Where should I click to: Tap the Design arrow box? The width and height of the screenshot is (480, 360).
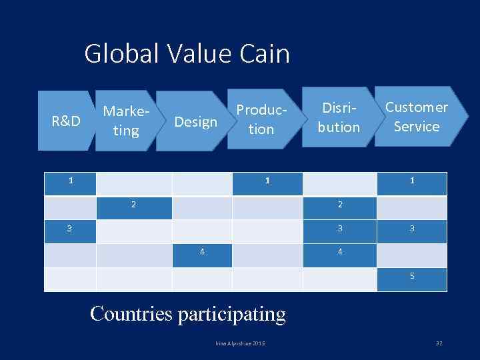(x=195, y=121)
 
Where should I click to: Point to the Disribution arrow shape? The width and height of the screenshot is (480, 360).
(x=338, y=117)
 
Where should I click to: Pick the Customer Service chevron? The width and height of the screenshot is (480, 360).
(x=417, y=117)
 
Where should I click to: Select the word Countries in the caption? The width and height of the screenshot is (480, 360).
(x=131, y=313)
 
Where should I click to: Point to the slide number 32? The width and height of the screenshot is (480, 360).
(x=439, y=343)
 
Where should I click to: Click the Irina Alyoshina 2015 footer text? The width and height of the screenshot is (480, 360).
(x=240, y=343)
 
